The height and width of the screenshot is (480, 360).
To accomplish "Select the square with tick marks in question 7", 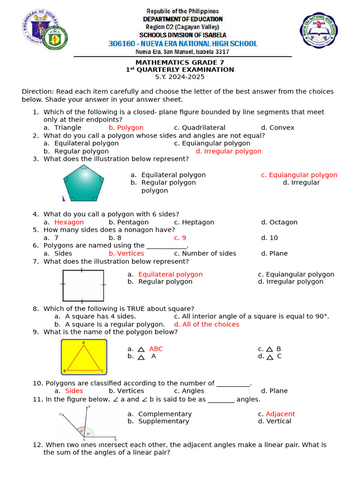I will click(83, 285).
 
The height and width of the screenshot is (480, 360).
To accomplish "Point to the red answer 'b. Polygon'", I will click(126, 127).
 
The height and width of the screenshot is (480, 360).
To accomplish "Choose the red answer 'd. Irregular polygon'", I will click(228, 151).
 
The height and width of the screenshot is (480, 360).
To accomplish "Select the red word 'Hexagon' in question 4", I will click(69, 222).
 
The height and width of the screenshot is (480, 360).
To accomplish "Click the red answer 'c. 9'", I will click(180, 238).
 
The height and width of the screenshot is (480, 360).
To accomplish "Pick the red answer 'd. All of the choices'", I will click(206, 324).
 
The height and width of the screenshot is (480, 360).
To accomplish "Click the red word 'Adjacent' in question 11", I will click(280, 414).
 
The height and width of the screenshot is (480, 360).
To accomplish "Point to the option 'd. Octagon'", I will click(279, 222).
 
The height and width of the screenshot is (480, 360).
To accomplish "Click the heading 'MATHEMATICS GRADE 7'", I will click(180, 62).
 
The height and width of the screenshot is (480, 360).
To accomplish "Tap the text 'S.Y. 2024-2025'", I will click(180, 77).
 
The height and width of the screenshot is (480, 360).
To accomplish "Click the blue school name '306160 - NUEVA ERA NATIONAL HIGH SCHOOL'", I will click(182, 44).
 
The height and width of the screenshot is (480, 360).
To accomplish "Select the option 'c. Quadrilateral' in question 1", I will click(199, 127).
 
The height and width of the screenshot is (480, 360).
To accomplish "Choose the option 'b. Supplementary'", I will click(158, 421).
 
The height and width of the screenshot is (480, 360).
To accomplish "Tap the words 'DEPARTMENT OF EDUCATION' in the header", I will click(182, 19).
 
